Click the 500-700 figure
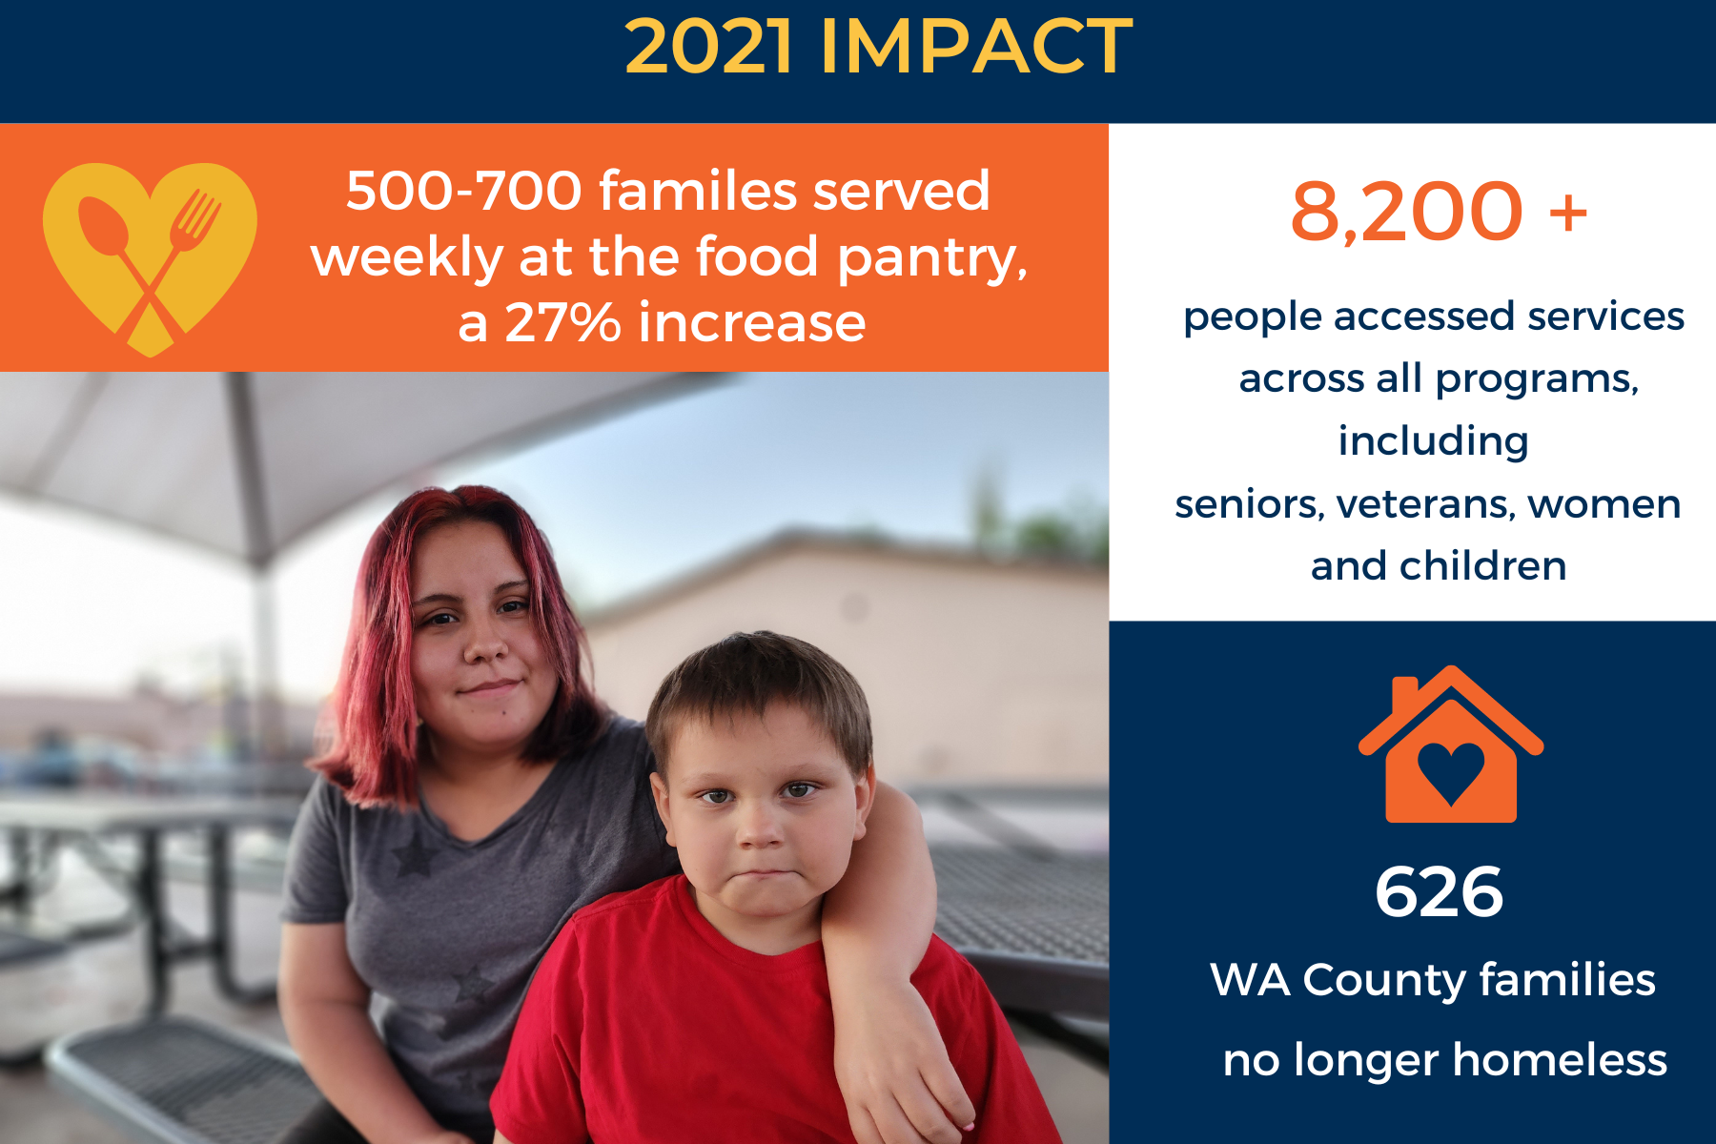(463, 191)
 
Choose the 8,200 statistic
(1406, 212)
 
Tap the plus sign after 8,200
(1568, 212)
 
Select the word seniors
(1250, 504)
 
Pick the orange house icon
(1450, 744)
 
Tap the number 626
(1439, 892)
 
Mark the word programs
(1538, 380)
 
